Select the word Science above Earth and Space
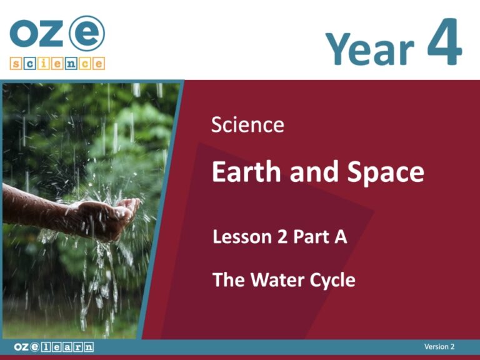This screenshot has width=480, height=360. click(247, 125)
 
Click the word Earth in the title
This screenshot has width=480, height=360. click(244, 171)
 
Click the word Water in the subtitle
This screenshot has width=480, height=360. click(275, 279)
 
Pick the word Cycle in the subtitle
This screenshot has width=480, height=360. click(331, 280)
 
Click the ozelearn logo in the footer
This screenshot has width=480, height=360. click(54, 347)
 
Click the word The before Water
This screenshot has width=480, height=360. click(228, 279)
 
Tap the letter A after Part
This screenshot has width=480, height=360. click(341, 237)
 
